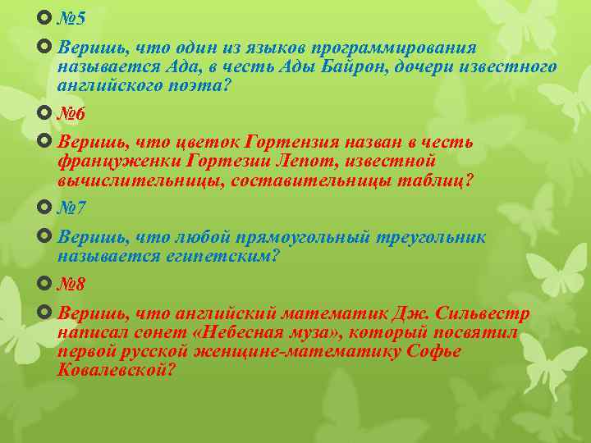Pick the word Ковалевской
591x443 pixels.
coord(115,370)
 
